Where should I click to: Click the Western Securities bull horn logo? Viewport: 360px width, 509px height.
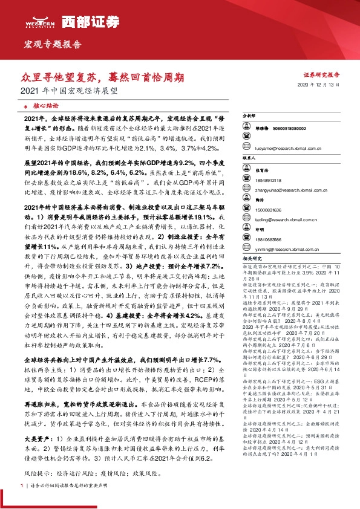tap(39, 18)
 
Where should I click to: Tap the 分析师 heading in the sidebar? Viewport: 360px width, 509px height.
tap(249, 115)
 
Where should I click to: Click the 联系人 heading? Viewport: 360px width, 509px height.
tap(249, 155)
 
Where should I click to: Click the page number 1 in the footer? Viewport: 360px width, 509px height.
tap(22, 502)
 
